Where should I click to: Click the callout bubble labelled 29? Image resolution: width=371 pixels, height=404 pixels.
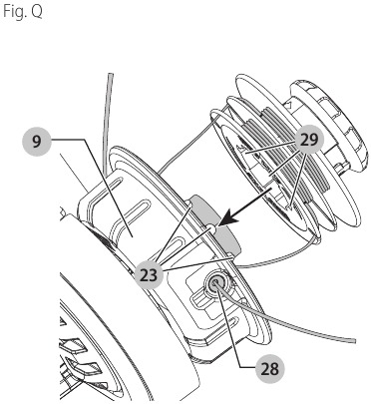(x=308, y=141)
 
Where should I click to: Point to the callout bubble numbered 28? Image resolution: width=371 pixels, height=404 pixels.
(x=266, y=368)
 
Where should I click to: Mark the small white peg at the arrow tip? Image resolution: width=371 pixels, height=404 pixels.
(x=212, y=228)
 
